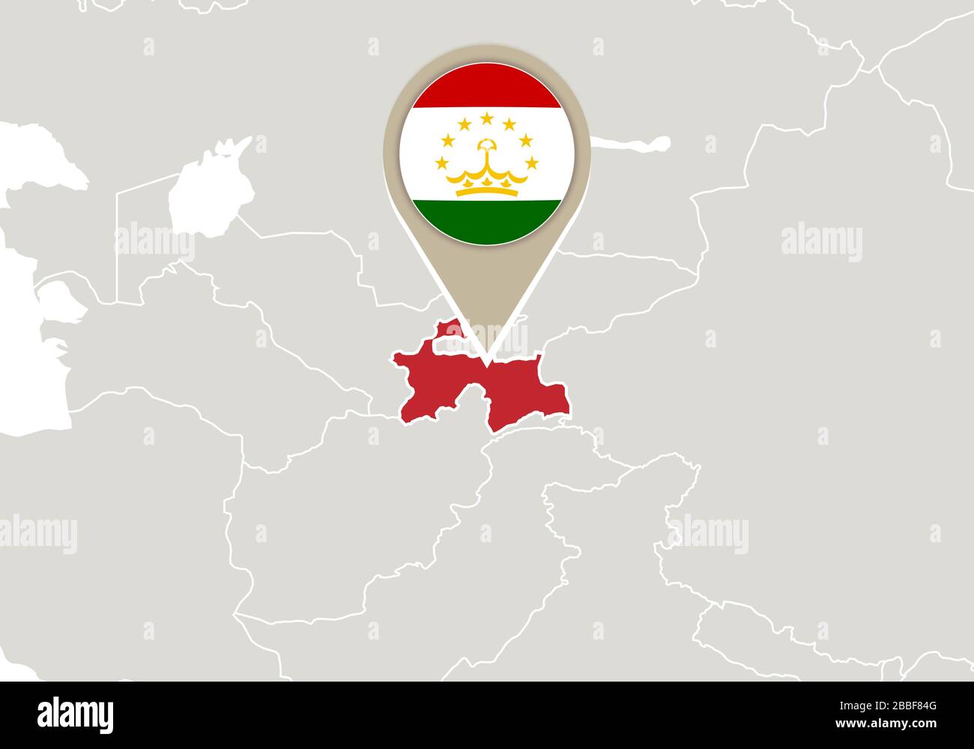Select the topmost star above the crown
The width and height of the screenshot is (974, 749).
[487, 118]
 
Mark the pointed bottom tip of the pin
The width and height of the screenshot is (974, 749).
[488, 364]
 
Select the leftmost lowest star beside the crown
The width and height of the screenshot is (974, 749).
[443, 163]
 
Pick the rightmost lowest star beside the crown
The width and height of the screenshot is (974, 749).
[532, 163]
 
